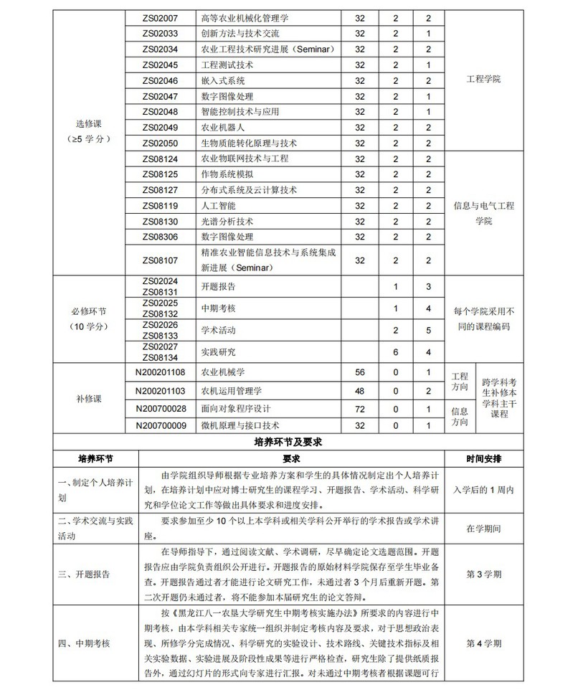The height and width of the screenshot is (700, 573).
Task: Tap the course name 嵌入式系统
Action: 224,80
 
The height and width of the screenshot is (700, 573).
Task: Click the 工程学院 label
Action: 483,79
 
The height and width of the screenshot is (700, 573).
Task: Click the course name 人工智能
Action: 218,206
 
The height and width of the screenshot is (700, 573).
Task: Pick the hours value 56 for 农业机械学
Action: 360,372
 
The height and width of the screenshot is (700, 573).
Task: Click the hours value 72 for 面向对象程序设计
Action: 360,408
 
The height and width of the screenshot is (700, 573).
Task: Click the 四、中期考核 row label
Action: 84,643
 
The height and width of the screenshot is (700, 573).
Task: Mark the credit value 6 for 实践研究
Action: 396,352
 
